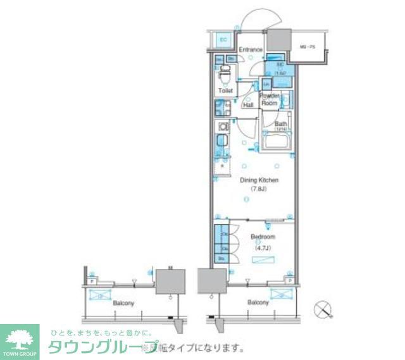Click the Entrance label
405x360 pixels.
click(x=251, y=49)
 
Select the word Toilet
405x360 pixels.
click(x=225, y=91)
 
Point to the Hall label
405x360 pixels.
click(x=248, y=104)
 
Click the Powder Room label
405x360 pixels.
click(x=271, y=99)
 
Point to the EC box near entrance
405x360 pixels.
click(x=223, y=40)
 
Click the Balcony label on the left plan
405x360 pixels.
click(x=123, y=303)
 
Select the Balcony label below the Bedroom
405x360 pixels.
click(x=259, y=302)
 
